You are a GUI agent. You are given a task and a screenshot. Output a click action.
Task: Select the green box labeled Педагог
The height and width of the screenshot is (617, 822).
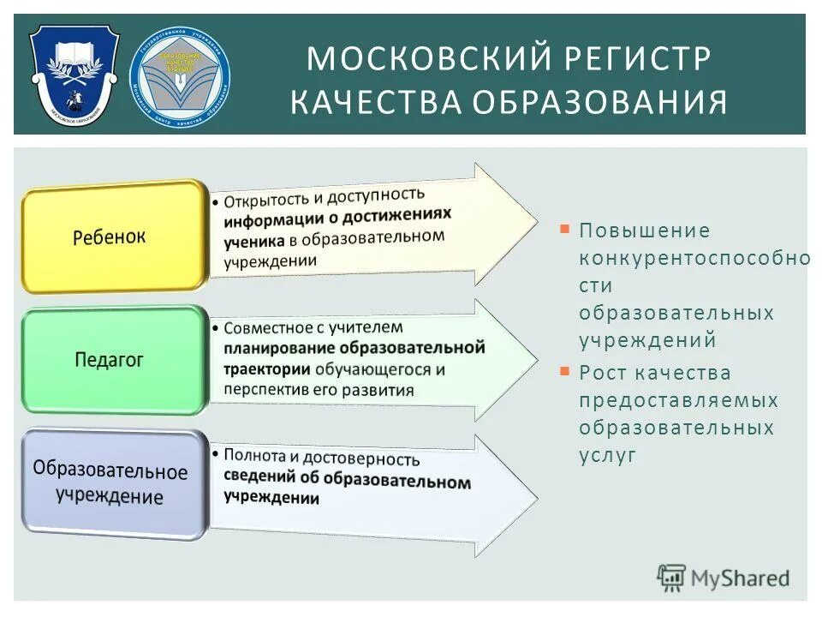coord(109,360)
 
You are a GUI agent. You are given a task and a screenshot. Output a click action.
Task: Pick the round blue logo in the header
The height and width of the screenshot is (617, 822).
coord(180,74)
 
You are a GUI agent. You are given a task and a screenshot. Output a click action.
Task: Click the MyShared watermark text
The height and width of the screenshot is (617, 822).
coord(741,578)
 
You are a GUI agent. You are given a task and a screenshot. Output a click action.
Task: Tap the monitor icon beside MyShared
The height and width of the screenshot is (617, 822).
coord(672,578)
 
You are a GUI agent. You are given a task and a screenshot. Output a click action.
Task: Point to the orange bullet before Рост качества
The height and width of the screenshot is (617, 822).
coord(564,371)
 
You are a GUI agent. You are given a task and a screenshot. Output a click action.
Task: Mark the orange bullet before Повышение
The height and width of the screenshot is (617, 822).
coord(564,229)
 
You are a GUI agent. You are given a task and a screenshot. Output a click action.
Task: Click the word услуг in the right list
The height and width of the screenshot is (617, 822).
coord(608,455)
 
